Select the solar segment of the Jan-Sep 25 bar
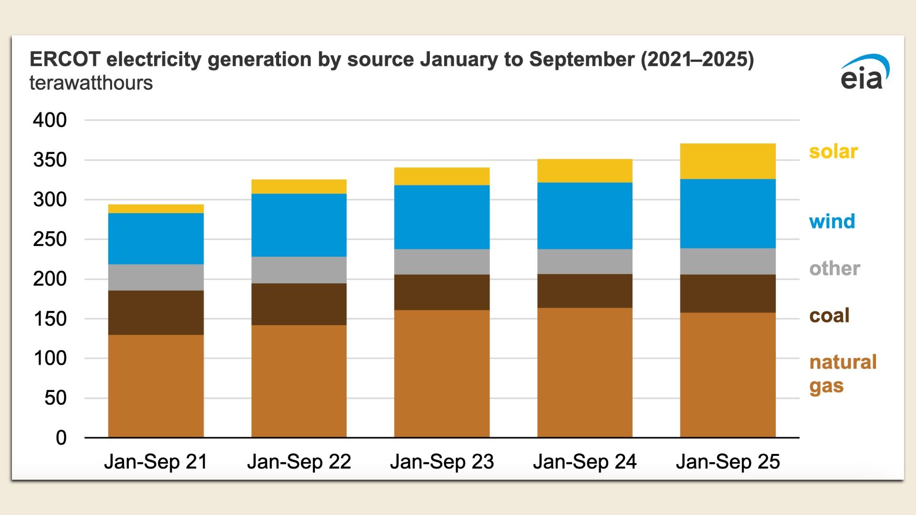pos(728,161)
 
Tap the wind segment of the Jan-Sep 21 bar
pos(156,238)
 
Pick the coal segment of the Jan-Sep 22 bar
pos(299,304)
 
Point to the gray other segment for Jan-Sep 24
pos(585,261)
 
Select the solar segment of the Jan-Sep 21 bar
pos(156,209)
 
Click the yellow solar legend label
pos(833,152)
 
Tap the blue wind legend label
pos(832,221)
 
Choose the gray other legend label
pos(834,268)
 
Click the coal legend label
pos(829,315)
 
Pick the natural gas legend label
pos(843,373)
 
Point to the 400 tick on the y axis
pos(50,120)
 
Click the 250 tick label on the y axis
pos(50,239)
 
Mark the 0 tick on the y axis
pos(61,438)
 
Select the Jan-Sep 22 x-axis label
pos(299,462)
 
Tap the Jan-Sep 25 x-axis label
pos(728,462)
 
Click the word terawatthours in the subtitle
pos(91,83)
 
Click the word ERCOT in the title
pos(65,59)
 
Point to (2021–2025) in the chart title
pos(697,59)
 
